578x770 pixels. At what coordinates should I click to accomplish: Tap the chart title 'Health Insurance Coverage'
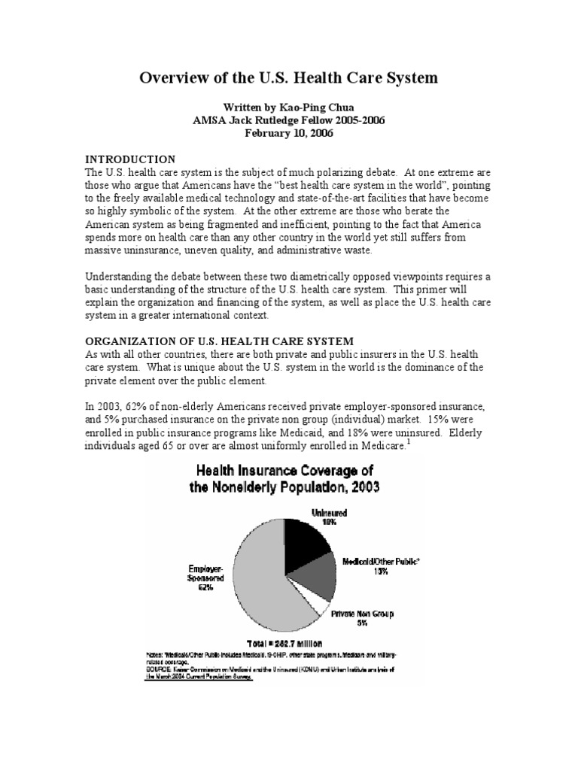point(286,471)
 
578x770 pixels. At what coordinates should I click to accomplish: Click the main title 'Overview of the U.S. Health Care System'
point(288,78)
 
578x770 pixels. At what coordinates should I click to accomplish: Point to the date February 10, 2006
point(288,133)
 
